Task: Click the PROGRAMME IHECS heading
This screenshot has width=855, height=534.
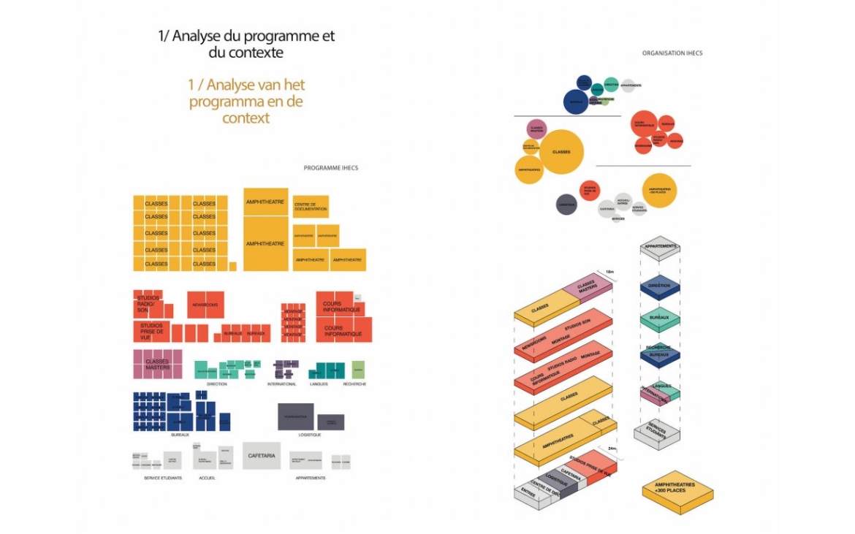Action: pos(330,168)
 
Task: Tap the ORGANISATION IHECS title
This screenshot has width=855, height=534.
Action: pos(672,53)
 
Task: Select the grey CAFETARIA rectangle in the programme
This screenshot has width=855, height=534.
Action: pos(262,455)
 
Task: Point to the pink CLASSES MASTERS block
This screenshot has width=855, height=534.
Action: pos(157,364)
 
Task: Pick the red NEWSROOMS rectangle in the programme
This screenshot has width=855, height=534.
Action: pos(205,305)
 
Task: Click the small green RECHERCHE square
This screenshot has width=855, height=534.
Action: pos(357,370)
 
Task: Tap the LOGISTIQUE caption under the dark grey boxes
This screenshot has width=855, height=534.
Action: pos(310,435)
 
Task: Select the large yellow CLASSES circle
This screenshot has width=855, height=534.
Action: pos(560,152)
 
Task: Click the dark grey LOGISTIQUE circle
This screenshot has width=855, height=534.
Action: pos(566,204)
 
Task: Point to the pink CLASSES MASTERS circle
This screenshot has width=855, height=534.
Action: pos(536,129)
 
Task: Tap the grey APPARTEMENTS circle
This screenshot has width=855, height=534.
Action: pos(630,85)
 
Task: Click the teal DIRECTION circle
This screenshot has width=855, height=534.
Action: pos(611,85)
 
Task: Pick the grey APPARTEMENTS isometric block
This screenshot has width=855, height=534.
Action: pos(660,248)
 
